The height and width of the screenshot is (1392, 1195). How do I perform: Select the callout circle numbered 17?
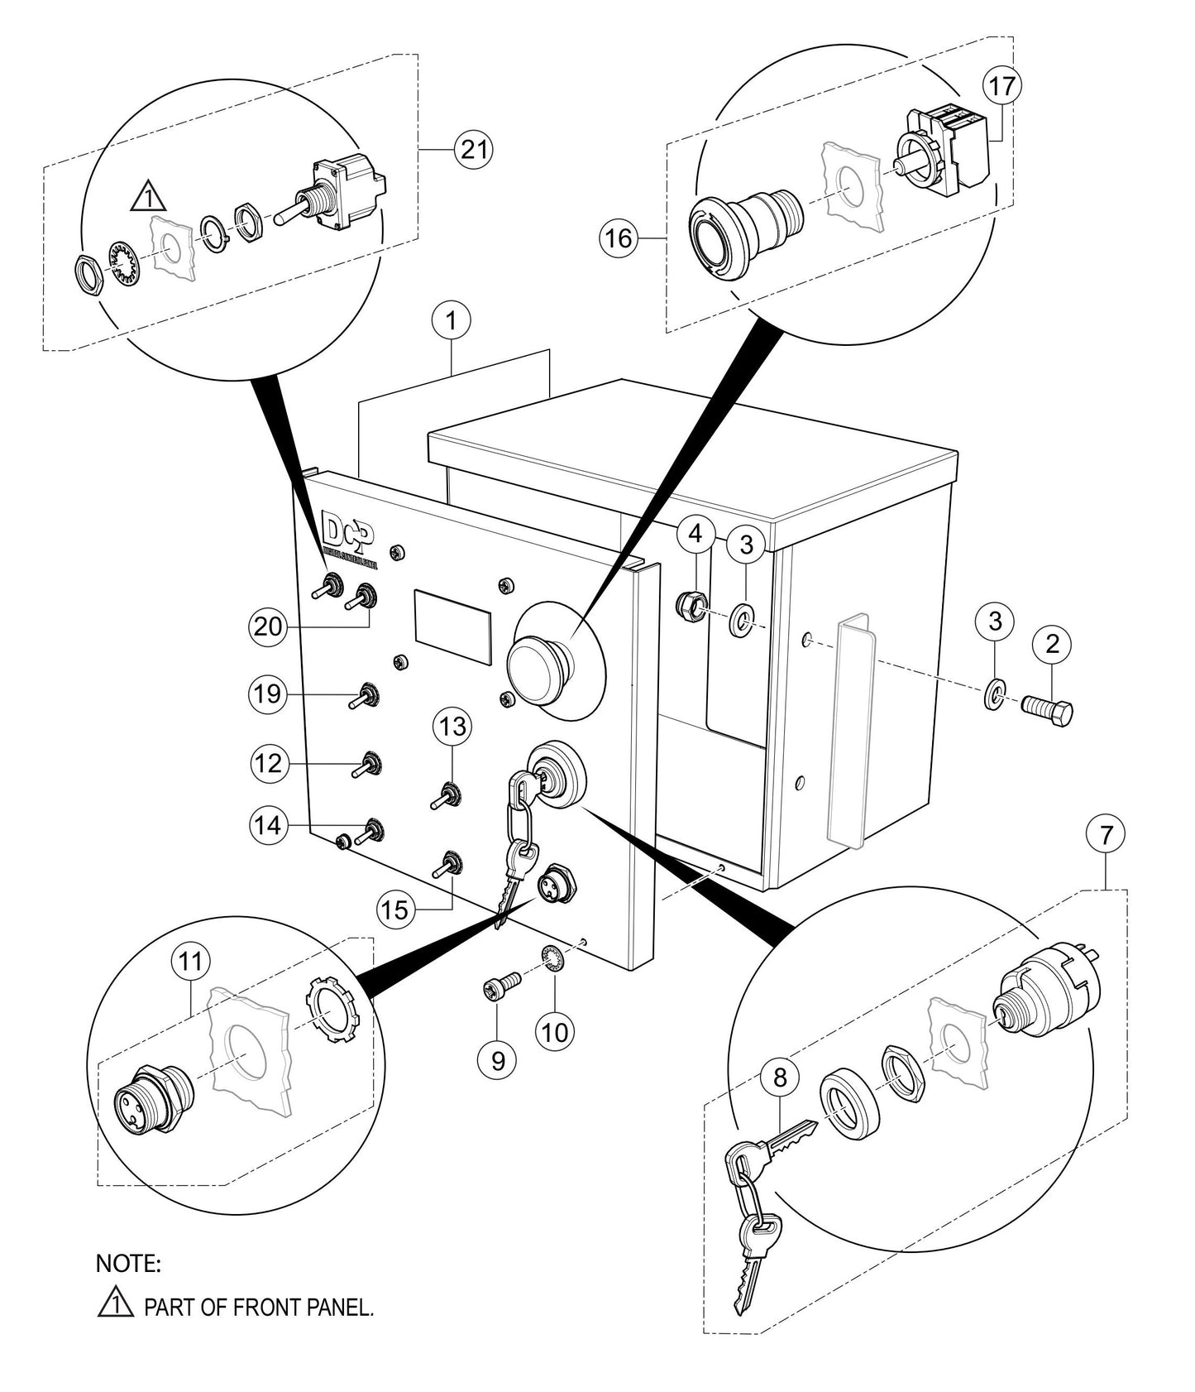tap(1001, 85)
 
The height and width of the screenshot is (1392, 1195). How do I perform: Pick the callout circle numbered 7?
tap(1106, 836)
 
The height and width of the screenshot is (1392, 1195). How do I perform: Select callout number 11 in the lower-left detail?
tap(191, 961)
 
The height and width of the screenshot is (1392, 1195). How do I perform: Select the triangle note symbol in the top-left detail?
tap(149, 197)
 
